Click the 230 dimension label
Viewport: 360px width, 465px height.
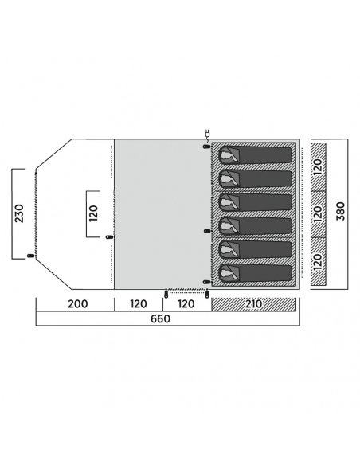click(20, 213)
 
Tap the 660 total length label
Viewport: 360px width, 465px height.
click(160, 318)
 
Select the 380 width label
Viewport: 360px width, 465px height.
click(341, 211)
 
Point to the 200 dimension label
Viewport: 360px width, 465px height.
click(78, 304)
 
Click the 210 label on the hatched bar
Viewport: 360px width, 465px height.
click(254, 304)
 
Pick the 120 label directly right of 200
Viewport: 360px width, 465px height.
click(139, 304)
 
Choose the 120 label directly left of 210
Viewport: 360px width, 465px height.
click(186, 304)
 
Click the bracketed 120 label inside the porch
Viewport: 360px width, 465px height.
click(93, 213)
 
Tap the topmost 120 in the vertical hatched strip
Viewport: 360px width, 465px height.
click(318, 166)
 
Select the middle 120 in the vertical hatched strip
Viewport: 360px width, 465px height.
click(318, 213)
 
